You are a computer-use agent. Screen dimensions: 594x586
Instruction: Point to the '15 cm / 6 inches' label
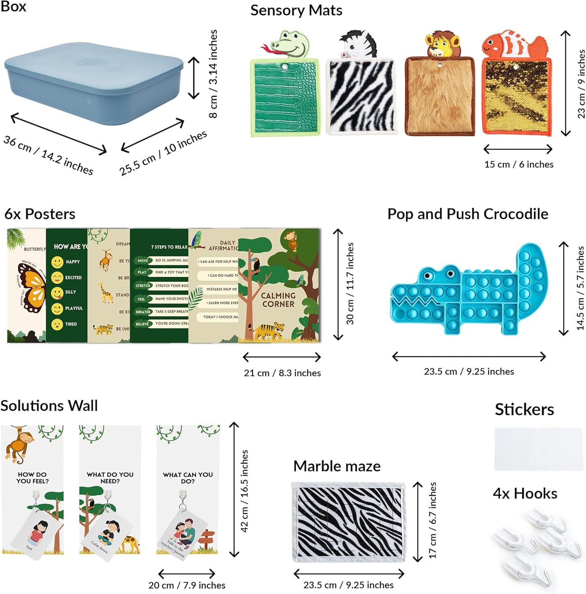tap(519, 164)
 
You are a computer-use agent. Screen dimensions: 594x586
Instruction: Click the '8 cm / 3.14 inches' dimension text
tap(213, 74)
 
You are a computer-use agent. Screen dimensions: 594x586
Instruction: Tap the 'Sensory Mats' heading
tap(296, 11)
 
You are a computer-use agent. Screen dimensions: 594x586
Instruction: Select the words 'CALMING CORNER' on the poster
tap(278, 300)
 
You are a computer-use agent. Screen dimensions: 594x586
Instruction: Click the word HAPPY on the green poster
tap(73, 262)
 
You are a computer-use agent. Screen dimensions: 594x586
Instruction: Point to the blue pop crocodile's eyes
tap(438, 275)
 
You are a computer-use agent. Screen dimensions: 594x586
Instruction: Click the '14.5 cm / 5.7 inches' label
tap(580, 288)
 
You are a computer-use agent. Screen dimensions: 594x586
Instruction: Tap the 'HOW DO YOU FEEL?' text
tap(32, 478)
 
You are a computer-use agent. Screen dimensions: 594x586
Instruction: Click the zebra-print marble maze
tap(349, 522)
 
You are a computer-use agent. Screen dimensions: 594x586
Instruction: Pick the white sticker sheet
tap(539, 449)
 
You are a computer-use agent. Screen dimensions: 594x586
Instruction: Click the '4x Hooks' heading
tap(525, 493)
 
